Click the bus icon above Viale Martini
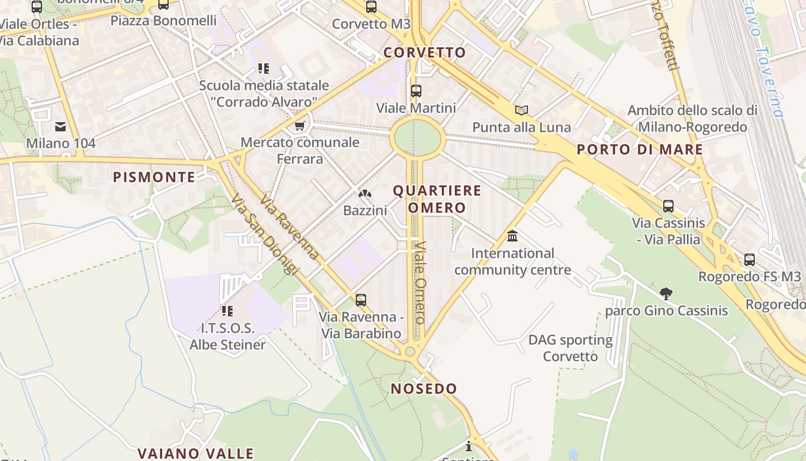[x=416, y=91]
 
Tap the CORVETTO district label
[x=424, y=52]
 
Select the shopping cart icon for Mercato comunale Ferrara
[x=299, y=126]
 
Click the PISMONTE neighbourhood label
[x=154, y=177]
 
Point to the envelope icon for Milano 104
[x=60, y=127]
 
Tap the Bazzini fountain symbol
[x=365, y=194]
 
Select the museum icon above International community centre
[x=512, y=236]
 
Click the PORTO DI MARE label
[x=640, y=149]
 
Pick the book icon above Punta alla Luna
[x=522, y=110]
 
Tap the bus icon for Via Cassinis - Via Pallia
[x=668, y=206]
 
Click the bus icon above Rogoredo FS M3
[x=749, y=259]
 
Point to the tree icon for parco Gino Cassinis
[x=666, y=293]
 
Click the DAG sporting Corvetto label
[x=571, y=348]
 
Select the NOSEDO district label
[x=424, y=388]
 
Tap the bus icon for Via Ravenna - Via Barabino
[x=361, y=300]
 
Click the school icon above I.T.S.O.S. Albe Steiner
[x=227, y=311]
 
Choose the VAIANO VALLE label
[x=196, y=454]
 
